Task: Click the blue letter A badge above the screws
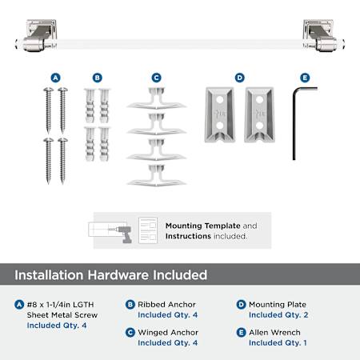click(55, 78)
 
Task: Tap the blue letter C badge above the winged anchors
click(156, 78)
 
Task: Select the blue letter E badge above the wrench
click(305, 78)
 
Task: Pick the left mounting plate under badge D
click(220, 114)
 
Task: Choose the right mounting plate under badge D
click(259, 114)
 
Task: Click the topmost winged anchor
click(156, 98)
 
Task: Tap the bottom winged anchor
click(156, 175)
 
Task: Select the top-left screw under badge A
click(48, 110)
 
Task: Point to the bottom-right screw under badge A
click(62, 161)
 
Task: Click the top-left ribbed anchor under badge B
click(90, 106)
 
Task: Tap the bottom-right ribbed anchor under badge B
click(104, 144)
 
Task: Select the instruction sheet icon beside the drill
click(148, 230)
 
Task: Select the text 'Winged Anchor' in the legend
click(168, 333)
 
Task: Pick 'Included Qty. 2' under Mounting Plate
click(278, 315)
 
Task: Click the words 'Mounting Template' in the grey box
click(203, 226)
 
